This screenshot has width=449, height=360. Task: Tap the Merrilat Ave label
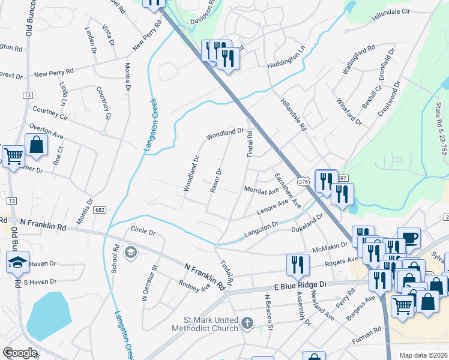262,191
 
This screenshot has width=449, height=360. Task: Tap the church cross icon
246,325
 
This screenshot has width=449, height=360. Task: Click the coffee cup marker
409,238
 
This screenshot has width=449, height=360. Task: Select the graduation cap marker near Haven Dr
17,262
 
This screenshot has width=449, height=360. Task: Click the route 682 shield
100,209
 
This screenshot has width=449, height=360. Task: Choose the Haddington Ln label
285,56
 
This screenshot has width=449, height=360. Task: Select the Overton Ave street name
46,132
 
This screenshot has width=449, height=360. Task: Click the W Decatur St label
149,283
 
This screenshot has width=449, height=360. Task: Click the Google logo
20,352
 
